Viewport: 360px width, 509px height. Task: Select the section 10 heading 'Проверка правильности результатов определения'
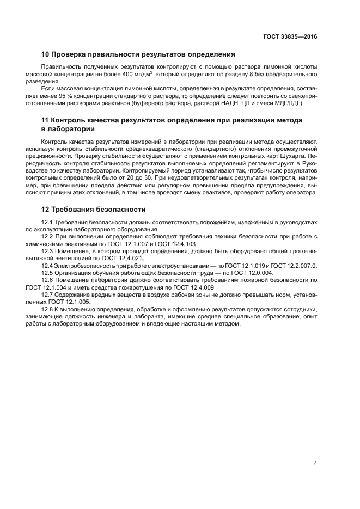138,54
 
